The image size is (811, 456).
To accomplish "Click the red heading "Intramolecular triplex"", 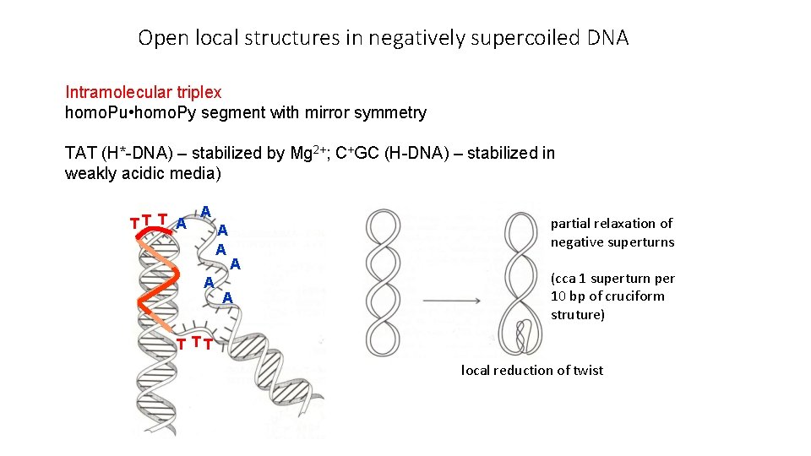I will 143,92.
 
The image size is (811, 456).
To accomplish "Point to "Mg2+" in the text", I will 312,153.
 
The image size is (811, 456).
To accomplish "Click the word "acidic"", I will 144,174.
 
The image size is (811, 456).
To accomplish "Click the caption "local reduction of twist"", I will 531,370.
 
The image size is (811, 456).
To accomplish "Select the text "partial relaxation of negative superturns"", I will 612,232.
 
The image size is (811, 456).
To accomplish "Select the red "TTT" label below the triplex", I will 193,343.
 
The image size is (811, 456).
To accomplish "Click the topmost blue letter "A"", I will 205,210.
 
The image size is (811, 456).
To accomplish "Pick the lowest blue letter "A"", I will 227,297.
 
